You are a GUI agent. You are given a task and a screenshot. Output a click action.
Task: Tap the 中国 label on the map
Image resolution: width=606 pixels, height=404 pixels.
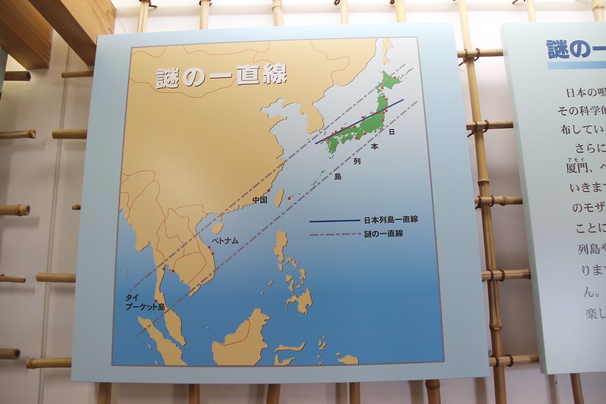259,200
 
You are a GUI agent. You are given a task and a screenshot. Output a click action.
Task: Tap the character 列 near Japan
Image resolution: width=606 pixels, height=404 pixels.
356,161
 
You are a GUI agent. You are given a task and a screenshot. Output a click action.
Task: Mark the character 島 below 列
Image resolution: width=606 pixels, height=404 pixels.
338,177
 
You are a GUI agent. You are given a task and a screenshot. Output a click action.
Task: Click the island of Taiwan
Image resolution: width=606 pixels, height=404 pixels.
278,198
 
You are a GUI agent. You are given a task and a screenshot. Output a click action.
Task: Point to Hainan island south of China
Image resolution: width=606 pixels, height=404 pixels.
217,226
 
